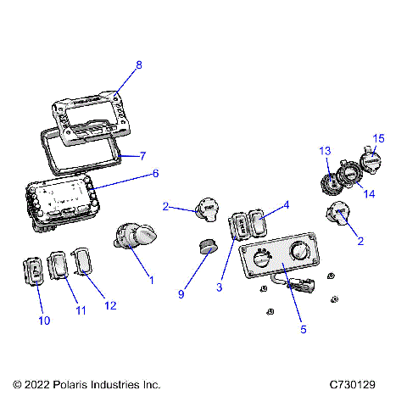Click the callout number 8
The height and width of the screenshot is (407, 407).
coord(139,64)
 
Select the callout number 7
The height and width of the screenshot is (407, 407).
coord(143,156)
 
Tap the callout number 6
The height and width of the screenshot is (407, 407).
coord(155,173)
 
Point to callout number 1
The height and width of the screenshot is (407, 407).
coord(152,279)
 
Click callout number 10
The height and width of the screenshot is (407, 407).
coord(44,321)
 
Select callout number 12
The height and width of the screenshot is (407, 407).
coord(109,305)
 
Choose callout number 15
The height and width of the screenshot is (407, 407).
coord(378,137)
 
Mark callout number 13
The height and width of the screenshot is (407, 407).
coord(324,151)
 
